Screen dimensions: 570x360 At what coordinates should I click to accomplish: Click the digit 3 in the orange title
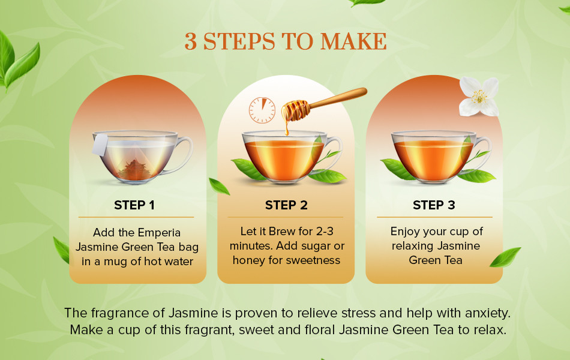pos(190,41)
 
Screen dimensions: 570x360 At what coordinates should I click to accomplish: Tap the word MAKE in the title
pos(353,41)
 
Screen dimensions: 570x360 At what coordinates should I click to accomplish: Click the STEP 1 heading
pos(134,205)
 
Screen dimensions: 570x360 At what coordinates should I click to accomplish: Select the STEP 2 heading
pos(286,205)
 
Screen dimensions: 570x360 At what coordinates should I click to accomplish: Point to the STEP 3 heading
pos(434,205)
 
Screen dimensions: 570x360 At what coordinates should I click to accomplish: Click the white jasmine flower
pos(479,97)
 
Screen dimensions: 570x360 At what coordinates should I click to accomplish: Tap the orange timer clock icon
pos(262,110)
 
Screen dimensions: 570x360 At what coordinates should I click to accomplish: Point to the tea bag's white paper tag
pos(100,145)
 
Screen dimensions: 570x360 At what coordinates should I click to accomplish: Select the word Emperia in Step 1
pos(159,233)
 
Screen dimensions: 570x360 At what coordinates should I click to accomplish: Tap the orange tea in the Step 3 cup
pos(433,160)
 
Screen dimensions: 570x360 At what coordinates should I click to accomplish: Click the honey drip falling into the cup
pos(286,127)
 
